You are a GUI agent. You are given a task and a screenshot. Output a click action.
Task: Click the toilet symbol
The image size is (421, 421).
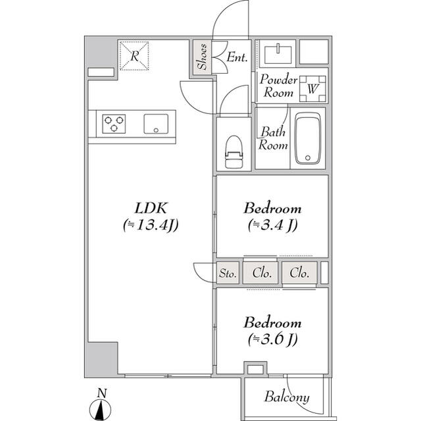[234, 152]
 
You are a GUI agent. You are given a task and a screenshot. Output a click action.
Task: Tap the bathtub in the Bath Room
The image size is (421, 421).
[308, 138]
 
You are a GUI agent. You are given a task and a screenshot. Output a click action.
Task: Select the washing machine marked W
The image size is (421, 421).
[312, 89]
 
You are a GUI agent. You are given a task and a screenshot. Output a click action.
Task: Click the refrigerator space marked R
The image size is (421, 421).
[134, 56]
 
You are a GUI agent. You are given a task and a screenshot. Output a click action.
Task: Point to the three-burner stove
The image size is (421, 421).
[114, 124]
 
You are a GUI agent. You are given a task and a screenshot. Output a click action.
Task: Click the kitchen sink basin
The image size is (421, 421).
[156, 124]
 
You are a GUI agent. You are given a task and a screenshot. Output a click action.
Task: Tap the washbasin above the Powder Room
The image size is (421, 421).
[278, 55]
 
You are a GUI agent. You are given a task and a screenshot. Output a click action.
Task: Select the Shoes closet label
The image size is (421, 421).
[202, 57]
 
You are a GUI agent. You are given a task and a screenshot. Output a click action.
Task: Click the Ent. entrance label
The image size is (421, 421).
[237, 57]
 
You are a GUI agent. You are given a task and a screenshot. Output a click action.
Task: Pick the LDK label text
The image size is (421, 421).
[151, 208]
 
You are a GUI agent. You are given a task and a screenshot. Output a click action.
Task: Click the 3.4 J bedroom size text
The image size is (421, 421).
[273, 225]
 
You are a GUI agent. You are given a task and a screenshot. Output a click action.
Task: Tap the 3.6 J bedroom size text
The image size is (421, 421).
[273, 339]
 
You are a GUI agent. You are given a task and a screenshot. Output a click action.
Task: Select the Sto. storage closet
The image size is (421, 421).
[228, 273]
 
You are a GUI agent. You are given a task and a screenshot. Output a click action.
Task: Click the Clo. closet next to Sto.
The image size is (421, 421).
[260, 273]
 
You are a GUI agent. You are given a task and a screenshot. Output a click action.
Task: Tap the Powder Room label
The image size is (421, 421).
[279, 86]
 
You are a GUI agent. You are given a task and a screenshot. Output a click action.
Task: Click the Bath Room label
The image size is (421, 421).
[273, 138]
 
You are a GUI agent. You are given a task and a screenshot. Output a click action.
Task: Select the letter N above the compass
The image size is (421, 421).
[102, 393]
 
